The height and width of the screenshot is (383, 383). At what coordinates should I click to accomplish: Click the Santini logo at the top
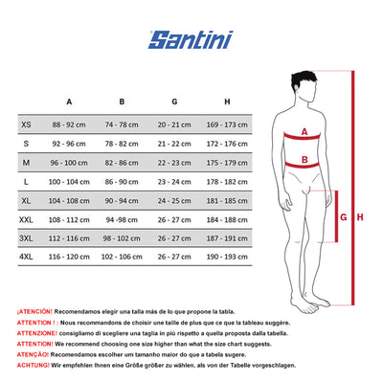pos(191,39)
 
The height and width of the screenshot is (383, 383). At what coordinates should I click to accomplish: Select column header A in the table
pos(69,101)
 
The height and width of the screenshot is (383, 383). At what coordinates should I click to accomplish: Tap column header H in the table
pos(228,101)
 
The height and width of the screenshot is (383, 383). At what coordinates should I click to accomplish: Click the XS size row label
pos(26,125)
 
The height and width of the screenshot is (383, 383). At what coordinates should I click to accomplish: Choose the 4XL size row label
pos(26,258)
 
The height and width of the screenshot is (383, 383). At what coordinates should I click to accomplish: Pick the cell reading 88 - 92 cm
pos(69,125)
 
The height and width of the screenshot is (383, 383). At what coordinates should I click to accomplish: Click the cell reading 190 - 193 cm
pos(228,258)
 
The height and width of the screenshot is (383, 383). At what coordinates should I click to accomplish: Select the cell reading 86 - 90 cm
pos(122,182)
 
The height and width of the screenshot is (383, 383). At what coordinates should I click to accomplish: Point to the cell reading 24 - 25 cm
pos(175,201)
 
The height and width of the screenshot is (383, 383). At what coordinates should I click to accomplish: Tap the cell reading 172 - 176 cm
pos(228,144)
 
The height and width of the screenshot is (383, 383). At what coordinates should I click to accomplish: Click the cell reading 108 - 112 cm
pos(69,219)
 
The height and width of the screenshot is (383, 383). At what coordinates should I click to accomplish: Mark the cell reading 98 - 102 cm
pos(122,238)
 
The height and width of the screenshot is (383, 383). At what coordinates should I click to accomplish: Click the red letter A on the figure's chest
pos(304,134)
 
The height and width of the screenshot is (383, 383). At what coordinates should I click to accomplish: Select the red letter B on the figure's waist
pos(304,161)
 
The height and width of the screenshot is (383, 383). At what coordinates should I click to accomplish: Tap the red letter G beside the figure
pos(343,217)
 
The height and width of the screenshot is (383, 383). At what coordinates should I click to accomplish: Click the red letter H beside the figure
pos(360,217)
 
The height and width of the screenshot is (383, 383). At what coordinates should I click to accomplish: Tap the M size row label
pos(26,163)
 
